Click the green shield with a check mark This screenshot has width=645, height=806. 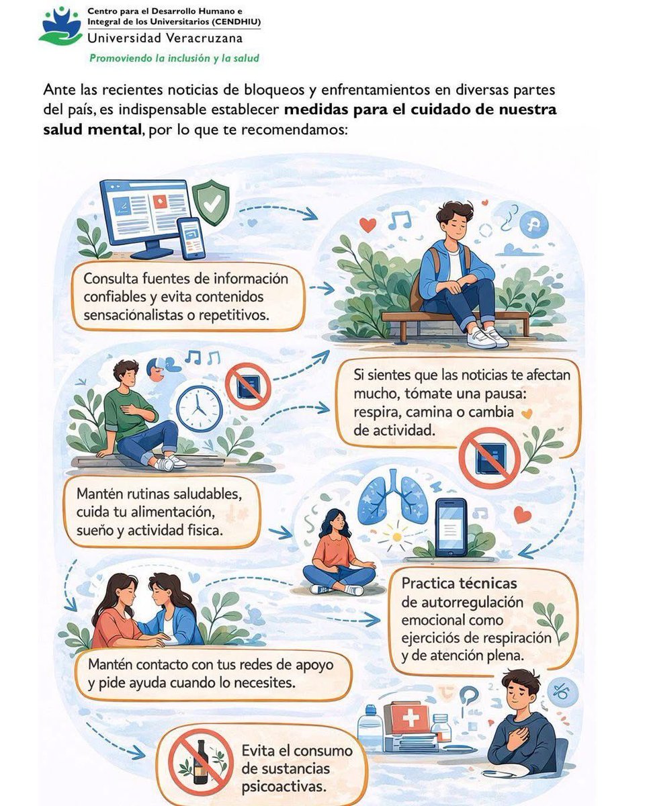pos(210,201)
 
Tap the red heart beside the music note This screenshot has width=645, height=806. pos(368,225)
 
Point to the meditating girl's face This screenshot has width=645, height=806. pos(335,523)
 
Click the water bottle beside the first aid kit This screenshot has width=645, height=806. pos(370,729)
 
